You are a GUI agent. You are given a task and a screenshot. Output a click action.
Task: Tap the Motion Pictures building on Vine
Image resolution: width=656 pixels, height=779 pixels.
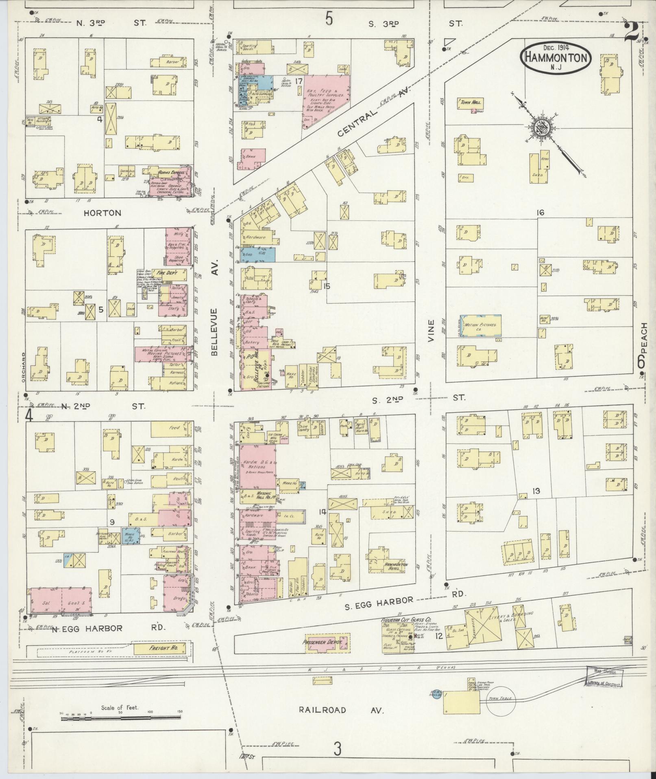pyautogui.click(x=481, y=326)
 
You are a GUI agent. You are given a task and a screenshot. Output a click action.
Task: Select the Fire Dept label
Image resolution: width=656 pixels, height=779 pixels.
pyautogui.click(x=167, y=273)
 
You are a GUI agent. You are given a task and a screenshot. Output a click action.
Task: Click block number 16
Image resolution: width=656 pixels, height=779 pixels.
pyautogui.click(x=540, y=213)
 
